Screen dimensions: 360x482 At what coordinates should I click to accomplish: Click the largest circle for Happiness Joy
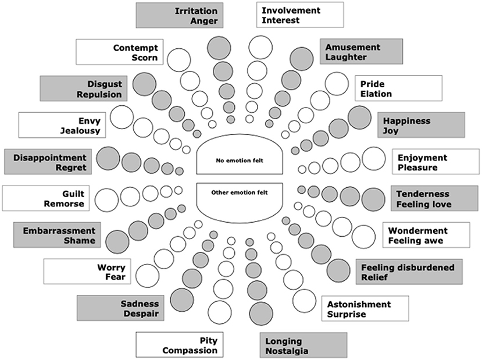coord(359,118)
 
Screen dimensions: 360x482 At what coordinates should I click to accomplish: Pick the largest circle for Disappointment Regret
coord(108,158)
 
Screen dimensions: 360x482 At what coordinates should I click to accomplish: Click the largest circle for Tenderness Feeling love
coord(373,199)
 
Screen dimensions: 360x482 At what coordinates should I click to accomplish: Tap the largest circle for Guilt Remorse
coord(106,199)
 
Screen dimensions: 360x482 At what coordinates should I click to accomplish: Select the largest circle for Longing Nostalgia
coord(260,313)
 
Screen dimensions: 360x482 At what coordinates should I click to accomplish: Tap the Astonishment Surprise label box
coord(365,309)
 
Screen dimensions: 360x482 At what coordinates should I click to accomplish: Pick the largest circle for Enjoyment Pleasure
coord(373,159)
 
